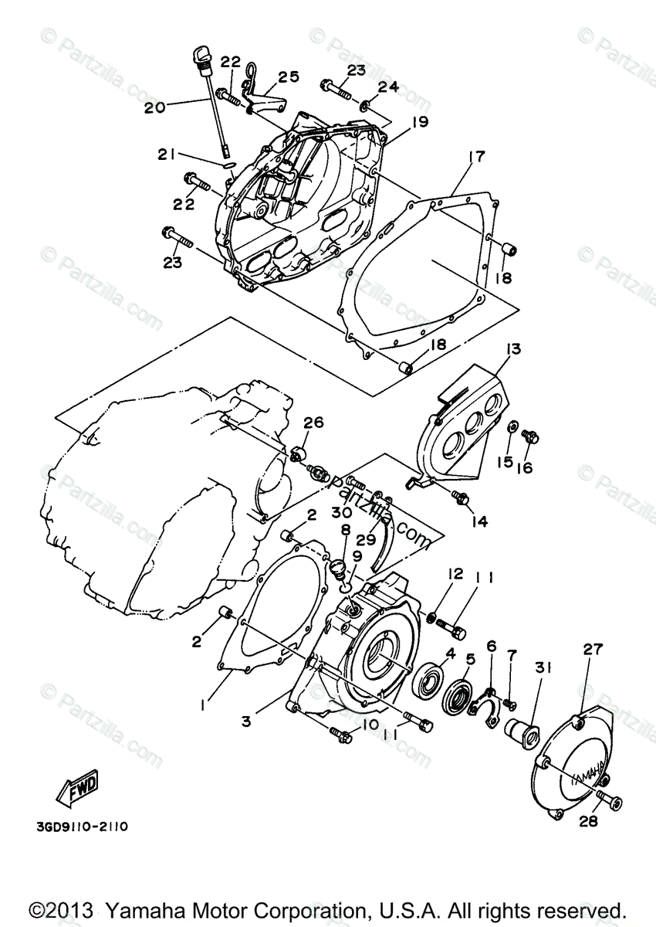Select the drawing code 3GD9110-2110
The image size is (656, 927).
point(81,827)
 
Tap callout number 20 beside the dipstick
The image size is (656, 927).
point(154,107)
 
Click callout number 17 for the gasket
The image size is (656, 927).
point(476,158)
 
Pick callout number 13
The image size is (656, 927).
point(514,350)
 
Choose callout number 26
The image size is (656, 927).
point(314,423)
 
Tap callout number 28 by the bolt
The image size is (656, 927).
point(588,822)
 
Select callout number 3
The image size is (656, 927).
point(246,722)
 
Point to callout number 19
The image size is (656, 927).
point(419,121)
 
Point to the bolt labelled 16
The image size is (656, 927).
point(530,436)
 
